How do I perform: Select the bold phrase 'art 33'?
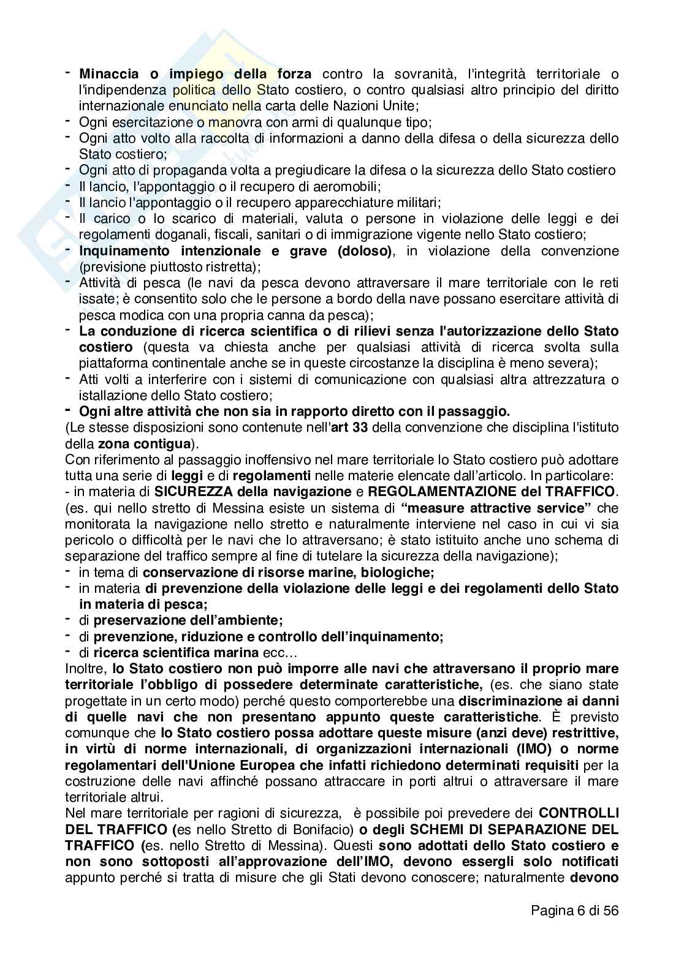pos(348,427)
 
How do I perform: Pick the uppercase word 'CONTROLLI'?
pos(579,813)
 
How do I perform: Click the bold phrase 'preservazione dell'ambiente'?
pos(188,620)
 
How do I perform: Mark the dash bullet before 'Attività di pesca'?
pos(69,282)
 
